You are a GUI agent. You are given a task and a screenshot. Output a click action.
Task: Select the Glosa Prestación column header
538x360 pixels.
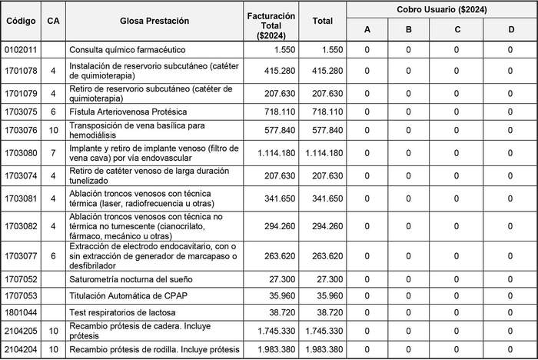click(154, 21)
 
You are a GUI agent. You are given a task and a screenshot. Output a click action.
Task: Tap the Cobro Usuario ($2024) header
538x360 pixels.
click(442, 9)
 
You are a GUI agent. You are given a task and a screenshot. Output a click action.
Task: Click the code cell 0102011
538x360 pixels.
click(20, 50)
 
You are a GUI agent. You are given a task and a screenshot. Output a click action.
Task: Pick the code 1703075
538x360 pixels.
click(20, 112)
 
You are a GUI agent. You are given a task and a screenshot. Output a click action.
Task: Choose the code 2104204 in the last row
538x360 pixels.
click(20, 351)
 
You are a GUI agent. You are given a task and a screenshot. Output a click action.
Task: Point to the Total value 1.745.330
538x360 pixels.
click(323, 332)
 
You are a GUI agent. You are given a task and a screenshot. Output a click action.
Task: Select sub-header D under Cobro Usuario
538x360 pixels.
click(510, 30)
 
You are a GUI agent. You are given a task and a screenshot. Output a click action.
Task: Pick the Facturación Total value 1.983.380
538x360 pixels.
click(274, 351)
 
